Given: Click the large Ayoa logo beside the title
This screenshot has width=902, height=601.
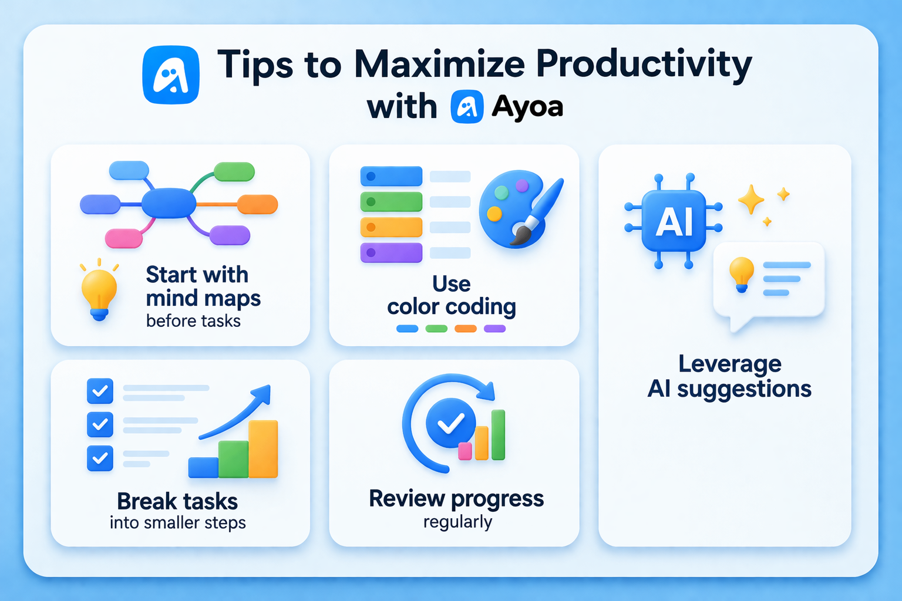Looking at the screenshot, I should [x=171, y=75].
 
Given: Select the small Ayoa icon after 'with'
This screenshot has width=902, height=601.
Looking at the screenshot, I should [x=467, y=107].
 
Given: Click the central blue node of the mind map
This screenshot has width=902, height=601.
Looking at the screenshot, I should [x=169, y=203].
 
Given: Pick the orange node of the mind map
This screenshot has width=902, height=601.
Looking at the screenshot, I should [x=258, y=204].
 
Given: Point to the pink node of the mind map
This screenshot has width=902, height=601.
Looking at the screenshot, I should [x=124, y=238].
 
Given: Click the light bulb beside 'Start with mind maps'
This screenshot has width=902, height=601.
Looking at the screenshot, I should [x=99, y=291].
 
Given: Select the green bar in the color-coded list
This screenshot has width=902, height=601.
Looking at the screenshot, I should [x=391, y=201].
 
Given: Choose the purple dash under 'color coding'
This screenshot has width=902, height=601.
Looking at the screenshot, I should [x=494, y=329].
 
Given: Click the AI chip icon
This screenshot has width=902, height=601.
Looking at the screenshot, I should [x=674, y=221].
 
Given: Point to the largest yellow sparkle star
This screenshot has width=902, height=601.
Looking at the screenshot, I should [x=750, y=200].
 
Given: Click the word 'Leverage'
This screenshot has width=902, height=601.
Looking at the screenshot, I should [x=730, y=364].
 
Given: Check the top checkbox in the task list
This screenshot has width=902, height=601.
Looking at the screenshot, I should [x=100, y=391].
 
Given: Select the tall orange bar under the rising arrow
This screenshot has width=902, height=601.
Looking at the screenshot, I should [x=263, y=449].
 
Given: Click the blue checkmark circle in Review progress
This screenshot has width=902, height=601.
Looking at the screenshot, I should [x=450, y=423].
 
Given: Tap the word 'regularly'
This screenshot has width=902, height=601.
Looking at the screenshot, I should [x=457, y=522].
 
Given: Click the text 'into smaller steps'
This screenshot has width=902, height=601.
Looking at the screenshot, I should [x=177, y=523].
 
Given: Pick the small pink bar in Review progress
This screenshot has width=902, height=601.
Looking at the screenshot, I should [x=465, y=451].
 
